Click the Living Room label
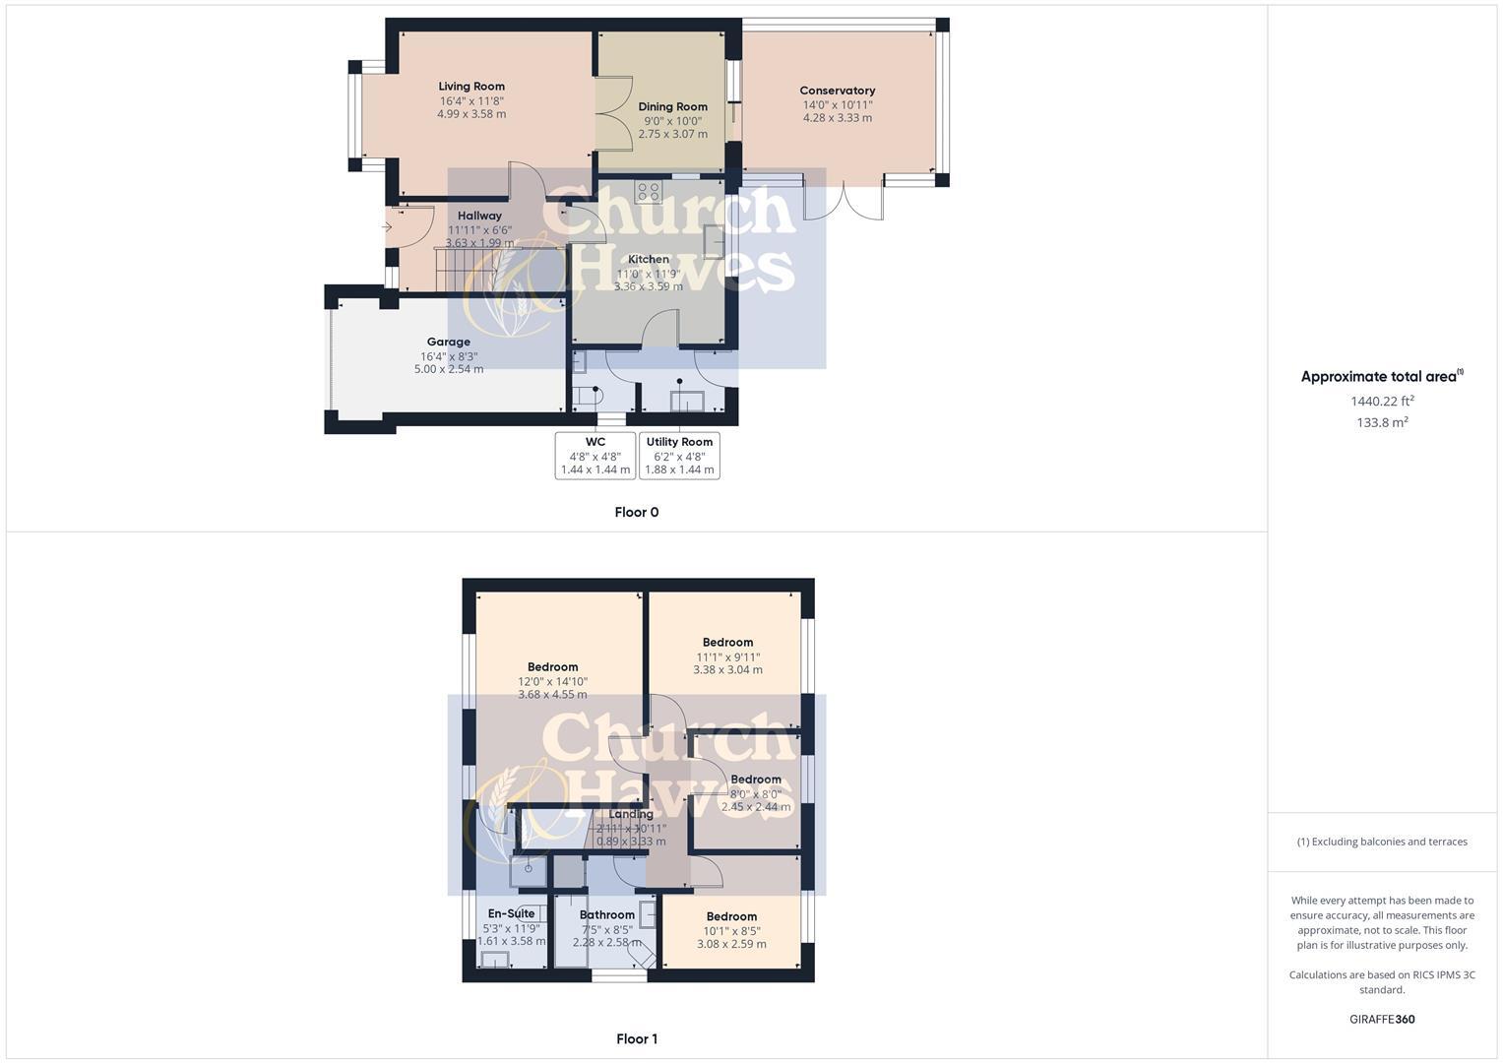click(471, 87)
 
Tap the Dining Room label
click(672, 106)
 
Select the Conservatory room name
click(837, 91)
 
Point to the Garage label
click(448, 342)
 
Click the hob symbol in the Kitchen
click(648, 191)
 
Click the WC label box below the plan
click(595, 456)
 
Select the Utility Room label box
click(679, 456)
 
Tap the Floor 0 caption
click(636, 512)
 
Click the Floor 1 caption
click(636, 1038)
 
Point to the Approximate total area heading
click(1381, 376)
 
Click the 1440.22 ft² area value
click(1382, 401)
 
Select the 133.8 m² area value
click(1382, 422)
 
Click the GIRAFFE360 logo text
click(1382, 1019)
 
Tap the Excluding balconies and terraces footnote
click(1382, 842)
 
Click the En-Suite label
click(511, 913)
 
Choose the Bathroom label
click(606, 914)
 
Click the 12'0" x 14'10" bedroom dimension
click(552, 681)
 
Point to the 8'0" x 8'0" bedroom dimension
click(755, 793)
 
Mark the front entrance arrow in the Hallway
click(388, 227)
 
